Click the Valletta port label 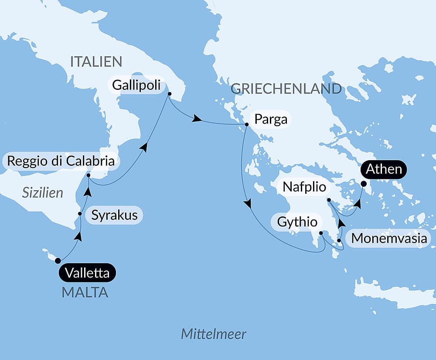click(x=87, y=273)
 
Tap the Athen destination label click(x=384, y=169)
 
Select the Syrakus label click(x=115, y=215)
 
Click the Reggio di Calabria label click(x=61, y=161)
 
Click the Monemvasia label click(x=389, y=238)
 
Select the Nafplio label click(x=304, y=187)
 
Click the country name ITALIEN click(x=96, y=62)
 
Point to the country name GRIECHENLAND click(x=286, y=89)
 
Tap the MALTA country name click(x=85, y=292)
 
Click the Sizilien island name click(x=43, y=192)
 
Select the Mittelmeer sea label click(x=214, y=335)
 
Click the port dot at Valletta click(x=58, y=261)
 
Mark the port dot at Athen click(x=363, y=184)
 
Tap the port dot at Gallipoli click(x=169, y=93)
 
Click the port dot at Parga click(x=246, y=125)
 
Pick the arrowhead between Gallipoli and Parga click(x=198, y=119)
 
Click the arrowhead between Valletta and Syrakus click(x=78, y=236)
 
